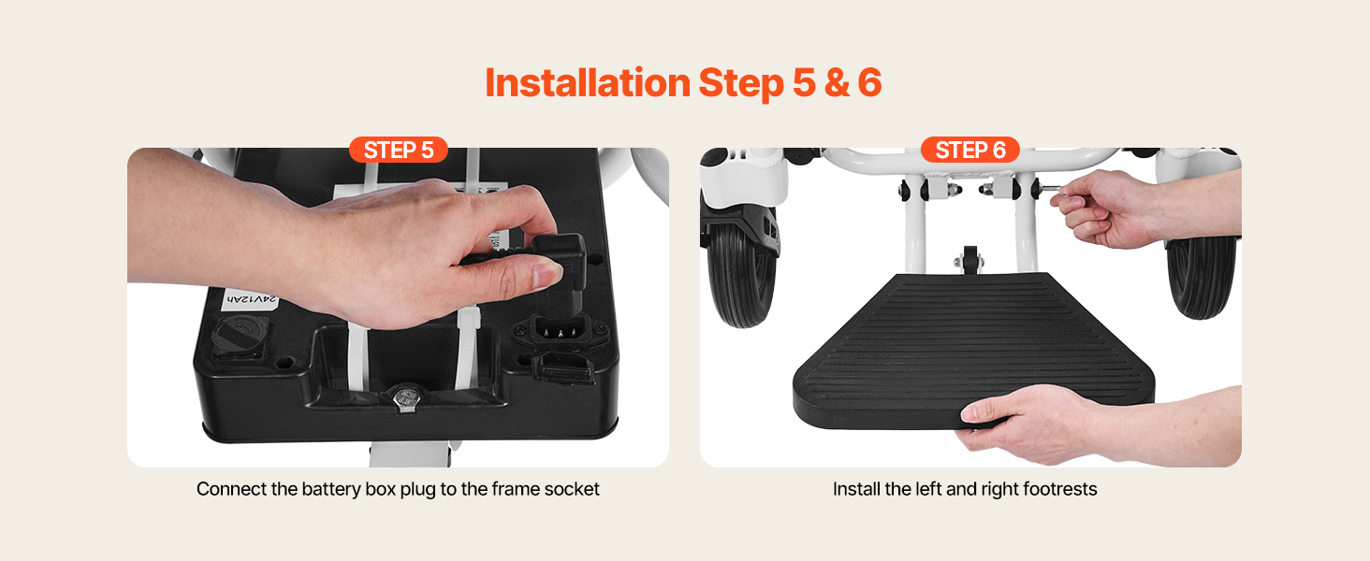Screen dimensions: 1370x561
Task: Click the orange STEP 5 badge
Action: click(398, 150)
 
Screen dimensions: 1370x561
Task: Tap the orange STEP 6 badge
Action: click(970, 150)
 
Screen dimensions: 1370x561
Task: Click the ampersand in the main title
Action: click(837, 83)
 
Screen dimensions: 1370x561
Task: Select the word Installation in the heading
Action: click(587, 83)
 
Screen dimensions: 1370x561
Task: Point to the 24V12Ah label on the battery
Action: click(252, 299)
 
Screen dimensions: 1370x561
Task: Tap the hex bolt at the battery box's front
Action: click(403, 398)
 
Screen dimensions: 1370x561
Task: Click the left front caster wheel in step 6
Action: click(741, 278)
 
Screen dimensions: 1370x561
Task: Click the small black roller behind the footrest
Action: click(970, 260)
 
